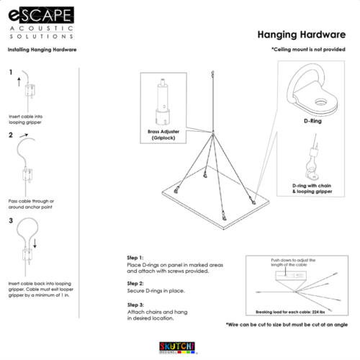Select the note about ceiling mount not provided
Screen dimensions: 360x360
(312, 50)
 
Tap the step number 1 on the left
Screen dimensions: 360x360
(11, 73)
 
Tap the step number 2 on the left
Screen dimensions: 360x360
(11, 135)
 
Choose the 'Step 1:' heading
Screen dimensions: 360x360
(135, 257)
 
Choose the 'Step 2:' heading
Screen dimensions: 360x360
(135, 283)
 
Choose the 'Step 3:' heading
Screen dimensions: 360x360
(135, 305)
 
